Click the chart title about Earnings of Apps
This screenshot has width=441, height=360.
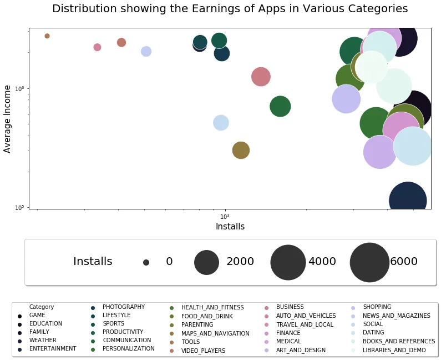(230, 9)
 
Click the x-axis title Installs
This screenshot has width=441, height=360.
(230, 227)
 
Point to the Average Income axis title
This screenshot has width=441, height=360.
(8, 118)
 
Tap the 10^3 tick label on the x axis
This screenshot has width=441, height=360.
(225, 216)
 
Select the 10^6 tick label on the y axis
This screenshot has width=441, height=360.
(18, 88)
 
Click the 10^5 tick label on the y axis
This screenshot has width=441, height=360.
(18, 207)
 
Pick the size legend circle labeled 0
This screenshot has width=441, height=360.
(146, 262)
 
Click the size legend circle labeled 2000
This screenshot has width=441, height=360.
(207, 262)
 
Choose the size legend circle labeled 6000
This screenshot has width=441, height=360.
(369, 262)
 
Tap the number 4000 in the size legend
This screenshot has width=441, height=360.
(322, 262)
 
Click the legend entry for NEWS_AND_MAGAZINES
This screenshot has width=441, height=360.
(396, 316)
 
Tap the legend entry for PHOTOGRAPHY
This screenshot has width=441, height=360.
(123, 307)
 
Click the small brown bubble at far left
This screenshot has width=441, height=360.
(47, 36)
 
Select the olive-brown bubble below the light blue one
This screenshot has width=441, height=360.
(240, 150)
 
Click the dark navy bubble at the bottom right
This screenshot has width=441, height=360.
(408, 201)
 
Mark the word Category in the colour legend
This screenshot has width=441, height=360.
(42, 307)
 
